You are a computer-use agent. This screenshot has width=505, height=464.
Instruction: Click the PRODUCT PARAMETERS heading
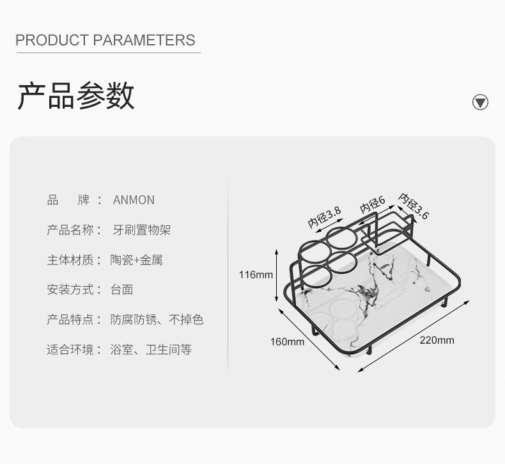point(105,40)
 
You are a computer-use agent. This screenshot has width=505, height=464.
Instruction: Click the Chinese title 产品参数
point(75,97)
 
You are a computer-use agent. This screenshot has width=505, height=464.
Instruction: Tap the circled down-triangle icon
point(480,102)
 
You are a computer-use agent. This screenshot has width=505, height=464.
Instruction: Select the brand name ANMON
point(134,200)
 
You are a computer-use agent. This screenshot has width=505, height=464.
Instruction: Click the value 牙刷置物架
point(141,230)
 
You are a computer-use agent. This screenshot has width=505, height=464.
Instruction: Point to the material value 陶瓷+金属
point(136,260)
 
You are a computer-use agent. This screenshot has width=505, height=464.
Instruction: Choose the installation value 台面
point(121,289)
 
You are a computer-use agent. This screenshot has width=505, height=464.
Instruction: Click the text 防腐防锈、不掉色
point(157,319)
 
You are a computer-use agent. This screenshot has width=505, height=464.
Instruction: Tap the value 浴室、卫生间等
point(150,349)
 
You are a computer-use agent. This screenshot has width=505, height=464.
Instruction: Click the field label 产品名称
point(70,230)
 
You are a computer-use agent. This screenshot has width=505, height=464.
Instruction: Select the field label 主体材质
point(70,260)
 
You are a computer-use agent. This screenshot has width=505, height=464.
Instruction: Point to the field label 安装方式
point(70,289)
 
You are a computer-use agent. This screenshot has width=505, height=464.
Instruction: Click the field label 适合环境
point(70,349)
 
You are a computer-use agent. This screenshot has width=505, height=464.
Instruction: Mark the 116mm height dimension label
point(256,275)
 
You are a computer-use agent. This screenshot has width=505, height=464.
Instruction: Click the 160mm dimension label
point(287,341)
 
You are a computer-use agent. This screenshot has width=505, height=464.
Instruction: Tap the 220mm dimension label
point(437,340)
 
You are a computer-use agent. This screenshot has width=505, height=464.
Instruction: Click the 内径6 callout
point(372,205)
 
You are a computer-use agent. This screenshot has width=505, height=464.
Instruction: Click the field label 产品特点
point(70,319)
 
